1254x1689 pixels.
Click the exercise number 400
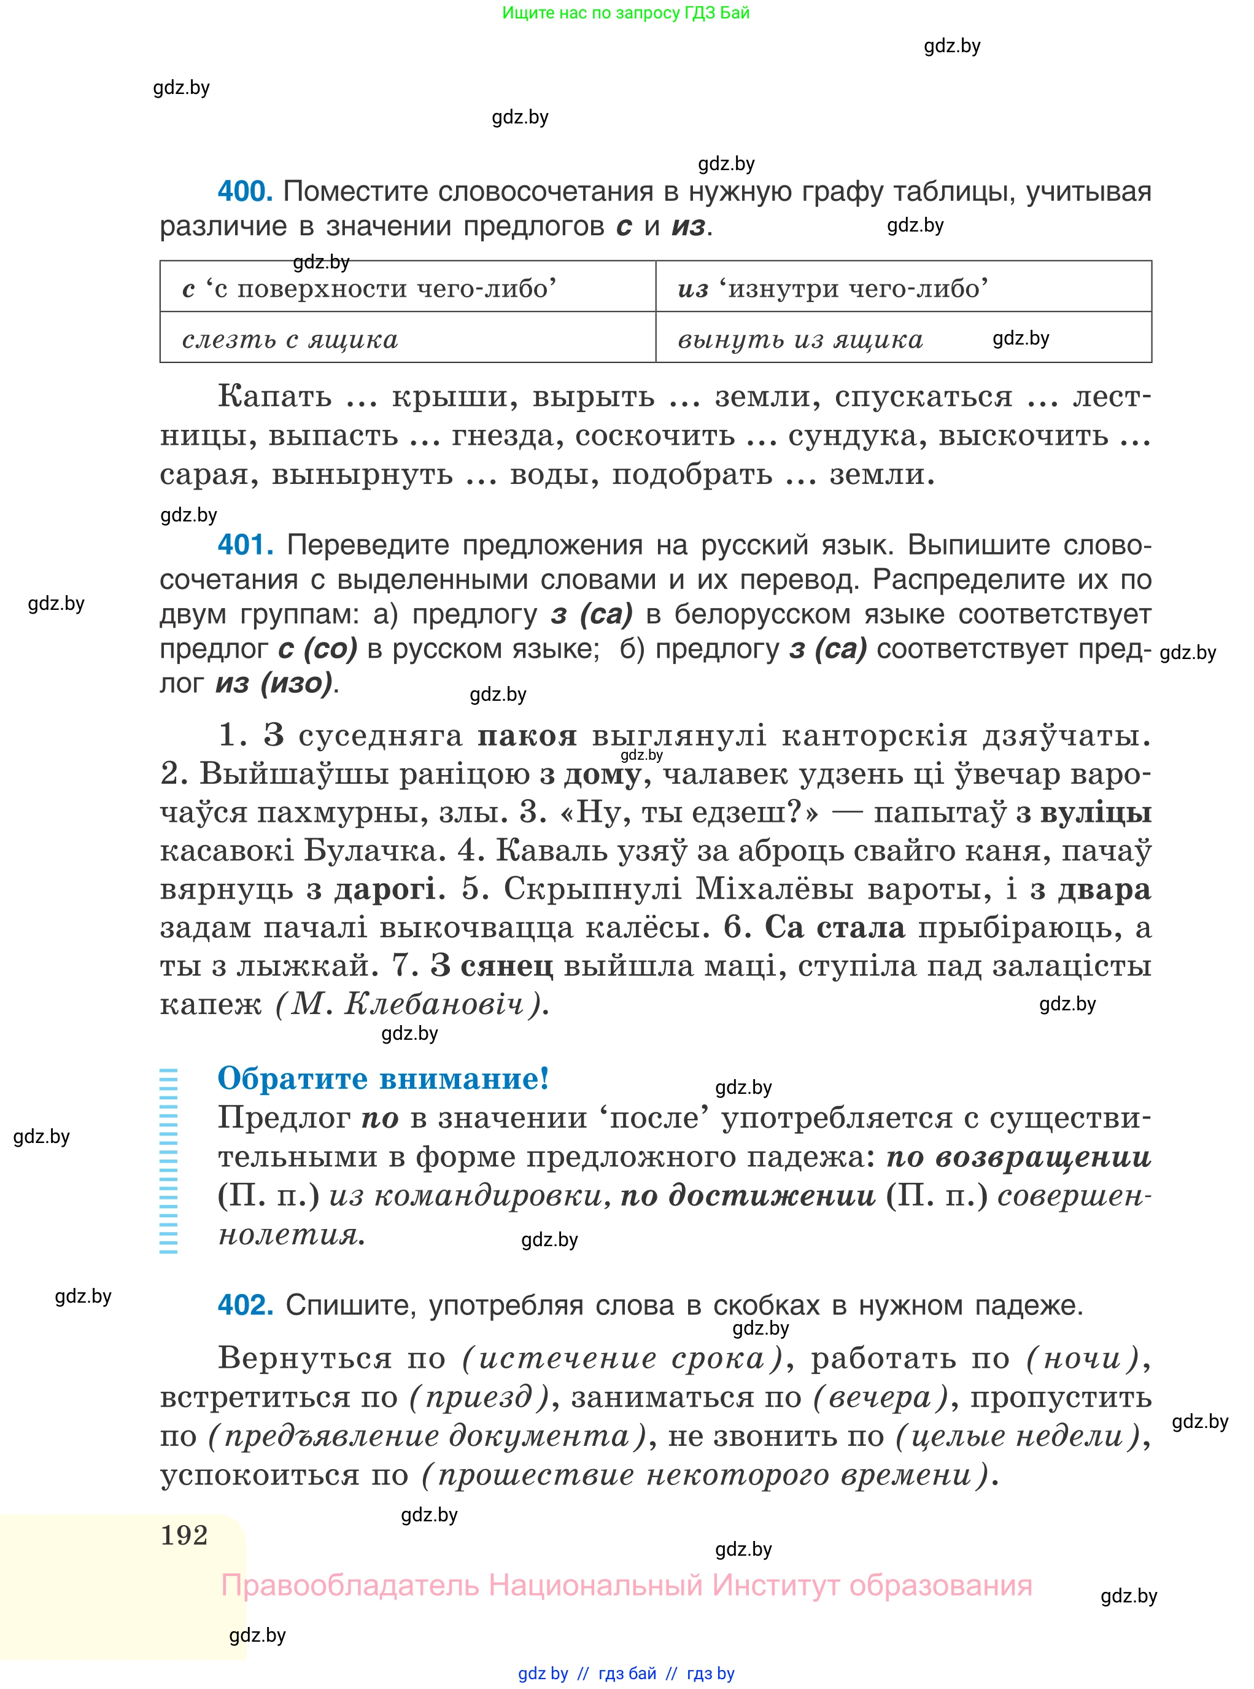point(244,192)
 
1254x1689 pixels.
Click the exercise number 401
point(244,545)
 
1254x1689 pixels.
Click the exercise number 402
point(244,1305)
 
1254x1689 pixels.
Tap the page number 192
point(184,1535)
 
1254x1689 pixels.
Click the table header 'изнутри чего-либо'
point(834,289)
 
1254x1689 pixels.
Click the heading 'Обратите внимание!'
point(384,1079)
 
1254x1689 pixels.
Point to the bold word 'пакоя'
point(527,735)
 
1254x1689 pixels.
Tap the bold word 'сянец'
point(507,966)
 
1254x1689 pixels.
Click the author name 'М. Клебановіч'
point(410,1005)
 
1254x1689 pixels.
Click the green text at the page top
point(625,13)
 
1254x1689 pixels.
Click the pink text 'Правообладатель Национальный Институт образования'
point(626,1586)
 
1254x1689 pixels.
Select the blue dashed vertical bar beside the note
point(169,1160)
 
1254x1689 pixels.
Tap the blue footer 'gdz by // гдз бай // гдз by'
point(626,1673)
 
